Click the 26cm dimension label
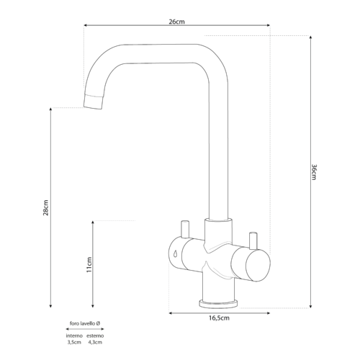tap(177, 22)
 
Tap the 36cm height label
tap(314, 172)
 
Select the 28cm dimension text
tap(45, 207)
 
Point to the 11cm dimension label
tap(89, 264)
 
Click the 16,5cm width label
tap(219, 318)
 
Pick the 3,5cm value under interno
tap(74, 342)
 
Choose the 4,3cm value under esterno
tap(95, 342)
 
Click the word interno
tap(74, 336)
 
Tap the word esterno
tap(95, 336)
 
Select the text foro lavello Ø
tap(85, 323)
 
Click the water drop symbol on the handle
tap(175, 253)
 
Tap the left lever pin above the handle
tap(185, 229)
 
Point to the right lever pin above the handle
tap(253, 240)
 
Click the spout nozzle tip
tap(94, 102)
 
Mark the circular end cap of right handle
tap(258, 265)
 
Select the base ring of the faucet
tap(218, 304)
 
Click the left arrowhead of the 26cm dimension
tap(85, 25)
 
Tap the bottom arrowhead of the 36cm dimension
tap(310, 306)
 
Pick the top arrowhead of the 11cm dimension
tap(93, 222)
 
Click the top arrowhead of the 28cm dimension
tap(50, 109)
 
